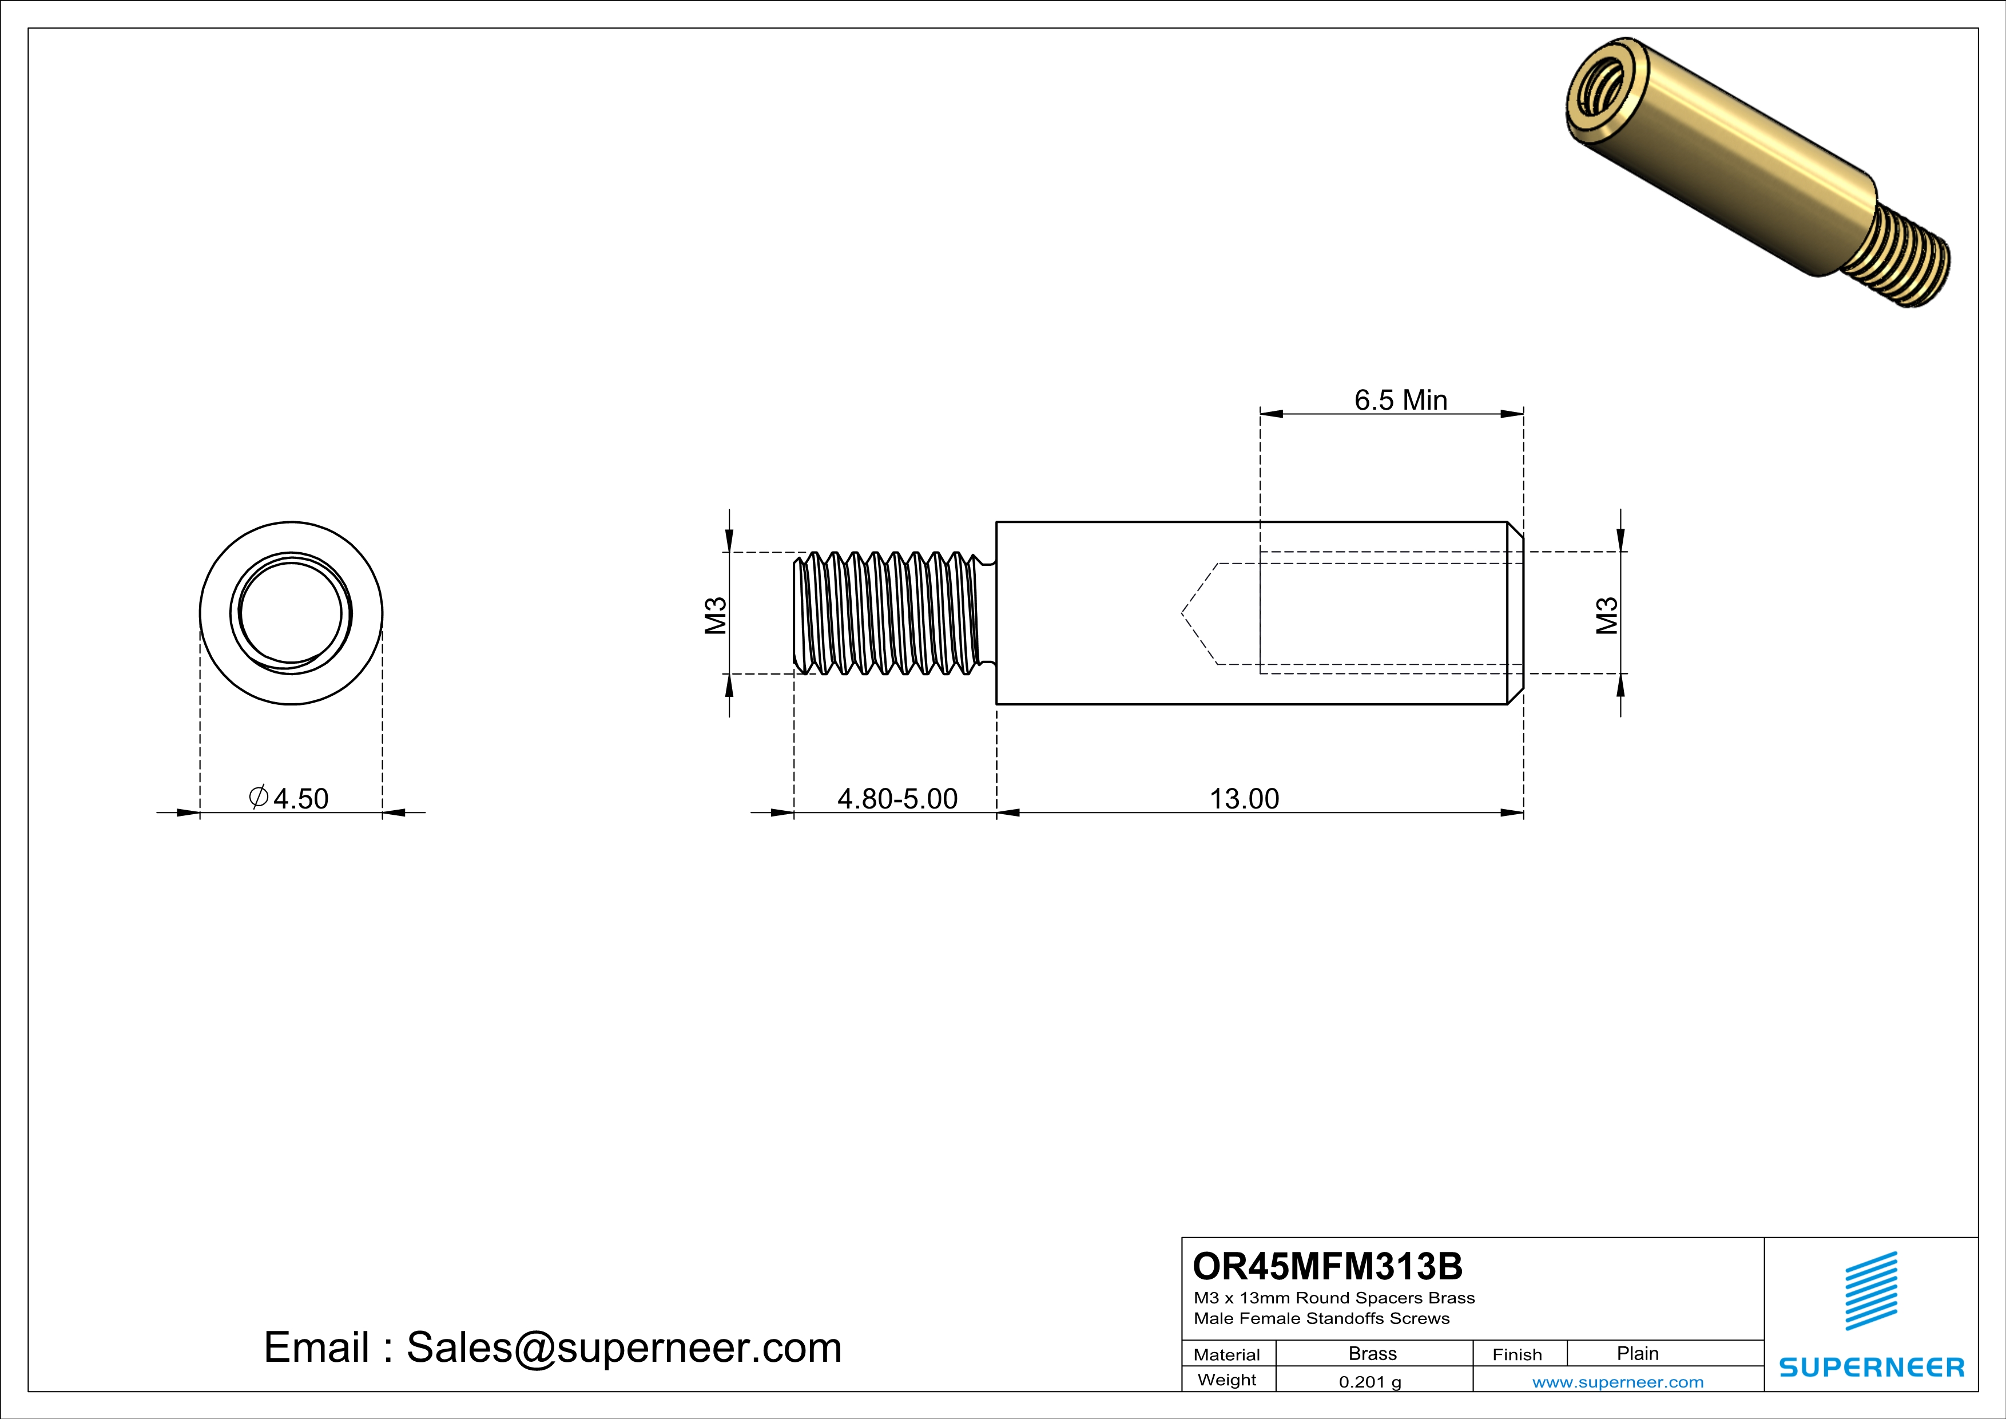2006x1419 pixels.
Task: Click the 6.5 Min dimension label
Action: tap(1400, 400)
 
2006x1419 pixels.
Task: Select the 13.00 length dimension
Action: tap(1244, 799)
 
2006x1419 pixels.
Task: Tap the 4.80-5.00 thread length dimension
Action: tap(897, 799)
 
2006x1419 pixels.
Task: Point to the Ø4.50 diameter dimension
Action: tap(290, 799)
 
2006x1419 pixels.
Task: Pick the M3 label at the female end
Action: tap(1606, 615)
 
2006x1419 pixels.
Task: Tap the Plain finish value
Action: tap(1636, 1353)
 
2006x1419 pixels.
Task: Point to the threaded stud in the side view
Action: tap(891, 613)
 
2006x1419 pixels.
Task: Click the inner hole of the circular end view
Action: tap(291, 612)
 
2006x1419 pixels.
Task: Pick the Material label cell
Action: tap(1227, 1354)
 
